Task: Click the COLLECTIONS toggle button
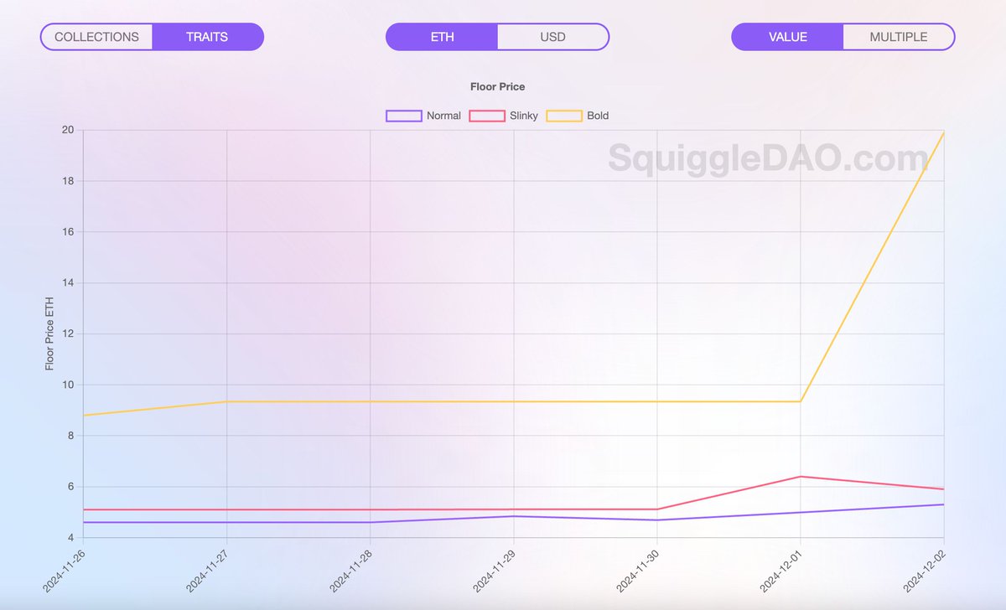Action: (x=96, y=37)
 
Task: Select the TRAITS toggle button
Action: (x=207, y=37)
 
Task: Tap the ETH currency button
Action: (x=442, y=37)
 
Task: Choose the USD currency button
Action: (x=552, y=37)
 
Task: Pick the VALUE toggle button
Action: (x=787, y=37)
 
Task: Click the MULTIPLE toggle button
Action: (x=898, y=37)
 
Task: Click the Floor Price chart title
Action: (x=497, y=86)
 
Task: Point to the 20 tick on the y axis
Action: (x=67, y=130)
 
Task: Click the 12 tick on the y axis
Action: (x=67, y=333)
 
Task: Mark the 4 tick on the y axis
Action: (x=70, y=537)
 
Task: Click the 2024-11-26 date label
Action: (x=65, y=569)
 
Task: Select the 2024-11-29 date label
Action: (x=495, y=569)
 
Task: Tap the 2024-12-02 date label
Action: (x=925, y=569)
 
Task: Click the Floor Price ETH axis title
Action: (x=49, y=333)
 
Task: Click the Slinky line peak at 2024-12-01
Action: (x=801, y=477)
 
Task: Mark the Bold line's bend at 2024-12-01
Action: (x=801, y=401)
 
